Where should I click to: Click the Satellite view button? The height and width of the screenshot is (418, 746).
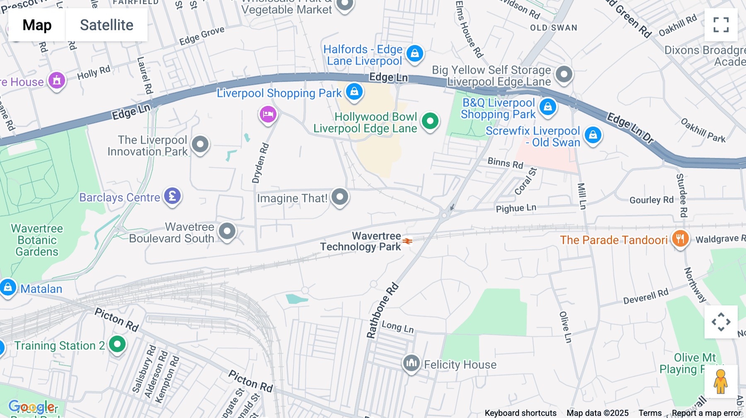tap(107, 25)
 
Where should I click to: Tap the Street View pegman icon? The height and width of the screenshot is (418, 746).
tap(721, 382)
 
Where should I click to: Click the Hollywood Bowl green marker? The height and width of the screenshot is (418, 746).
tap(430, 121)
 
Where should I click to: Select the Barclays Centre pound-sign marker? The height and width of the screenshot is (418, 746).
tap(172, 195)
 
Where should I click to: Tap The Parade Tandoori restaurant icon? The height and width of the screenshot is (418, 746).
tap(680, 238)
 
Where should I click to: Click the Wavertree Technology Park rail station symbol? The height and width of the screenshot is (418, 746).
tap(407, 241)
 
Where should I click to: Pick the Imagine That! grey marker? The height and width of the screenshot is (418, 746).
tap(340, 197)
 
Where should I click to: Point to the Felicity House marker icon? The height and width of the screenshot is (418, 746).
tap(411, 363)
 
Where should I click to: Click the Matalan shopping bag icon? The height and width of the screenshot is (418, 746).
tap(8, 287)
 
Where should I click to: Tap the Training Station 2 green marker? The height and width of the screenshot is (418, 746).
tap(117, 344)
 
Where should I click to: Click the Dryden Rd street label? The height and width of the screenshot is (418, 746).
tap(260, 163)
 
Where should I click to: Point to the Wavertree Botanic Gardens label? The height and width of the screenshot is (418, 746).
tap(37, 240)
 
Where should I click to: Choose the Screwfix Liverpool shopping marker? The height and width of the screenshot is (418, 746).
tap(593, 135)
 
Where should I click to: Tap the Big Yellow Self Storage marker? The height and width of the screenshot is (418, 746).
tap(564, 74)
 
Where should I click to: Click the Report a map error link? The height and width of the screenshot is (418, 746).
tap(706, 413)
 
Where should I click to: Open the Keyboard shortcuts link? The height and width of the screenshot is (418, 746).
tap(521, 413)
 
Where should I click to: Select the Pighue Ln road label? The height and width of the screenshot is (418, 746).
tap(516, 208)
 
